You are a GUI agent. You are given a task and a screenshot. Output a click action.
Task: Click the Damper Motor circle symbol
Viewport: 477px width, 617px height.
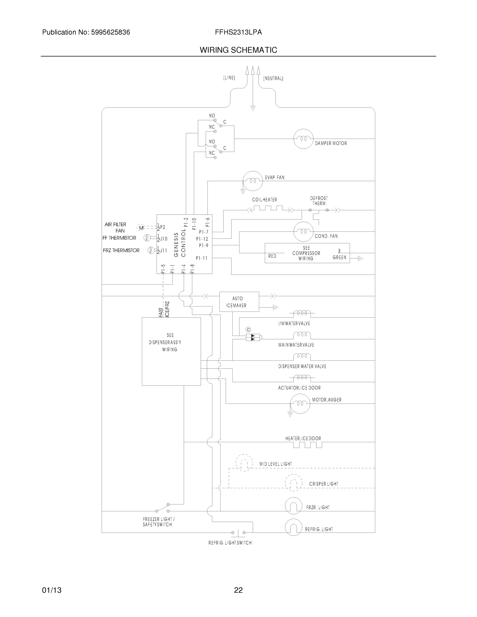coord(303,139)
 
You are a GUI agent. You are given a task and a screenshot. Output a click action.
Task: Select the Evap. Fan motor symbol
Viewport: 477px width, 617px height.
coord(253,181)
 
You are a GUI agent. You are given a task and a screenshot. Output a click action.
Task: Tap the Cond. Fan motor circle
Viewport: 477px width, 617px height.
coord(303,232)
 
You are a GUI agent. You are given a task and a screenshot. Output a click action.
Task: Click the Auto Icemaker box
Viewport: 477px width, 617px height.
coord(239,302)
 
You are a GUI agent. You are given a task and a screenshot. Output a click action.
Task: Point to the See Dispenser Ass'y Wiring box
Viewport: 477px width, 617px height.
coord(171,351)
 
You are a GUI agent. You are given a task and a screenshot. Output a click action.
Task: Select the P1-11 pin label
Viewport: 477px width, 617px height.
coord(202,258)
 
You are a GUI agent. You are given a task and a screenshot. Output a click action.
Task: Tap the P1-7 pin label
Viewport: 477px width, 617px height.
coord(203,232)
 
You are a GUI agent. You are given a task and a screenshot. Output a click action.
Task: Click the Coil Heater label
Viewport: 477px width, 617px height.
coord(265,200)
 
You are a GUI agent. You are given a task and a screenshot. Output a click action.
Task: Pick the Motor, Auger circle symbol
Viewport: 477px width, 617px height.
coord(300,403)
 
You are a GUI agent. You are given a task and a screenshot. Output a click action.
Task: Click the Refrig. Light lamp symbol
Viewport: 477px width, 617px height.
coord(293,527)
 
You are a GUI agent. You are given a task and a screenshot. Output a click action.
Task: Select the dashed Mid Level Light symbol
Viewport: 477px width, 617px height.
coord(244,463)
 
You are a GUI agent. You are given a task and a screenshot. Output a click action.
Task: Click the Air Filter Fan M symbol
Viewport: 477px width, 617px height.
coord(141,228)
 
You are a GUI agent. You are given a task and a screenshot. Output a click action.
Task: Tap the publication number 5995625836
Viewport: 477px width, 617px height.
coord(111,32)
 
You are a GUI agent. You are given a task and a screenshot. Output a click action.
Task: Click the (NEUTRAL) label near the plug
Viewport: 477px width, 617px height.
coord(273,78)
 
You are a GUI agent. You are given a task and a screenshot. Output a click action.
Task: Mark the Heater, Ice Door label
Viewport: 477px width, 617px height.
coord(303,438)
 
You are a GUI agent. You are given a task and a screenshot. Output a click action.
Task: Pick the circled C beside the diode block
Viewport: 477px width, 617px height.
coord(248,329)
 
